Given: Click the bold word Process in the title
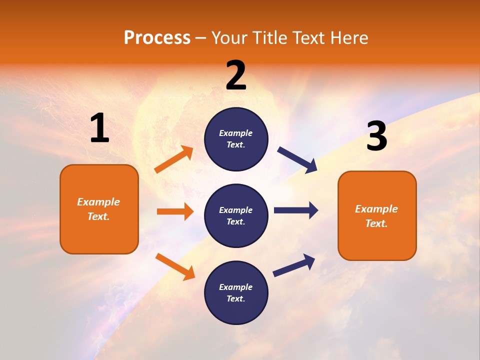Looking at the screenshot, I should pyautogui.click(x=157, y=38).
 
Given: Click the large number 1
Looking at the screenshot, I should pyautogui.click(x=99, y=128).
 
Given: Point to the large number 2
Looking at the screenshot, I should pyautogui.click(x=236, y=75).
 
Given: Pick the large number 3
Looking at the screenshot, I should pyautogui.click(x=376, y=136).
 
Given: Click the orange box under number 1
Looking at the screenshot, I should pyautogui.click(x=99, y=209).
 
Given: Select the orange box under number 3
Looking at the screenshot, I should pyautogui.click(x=377, y=215).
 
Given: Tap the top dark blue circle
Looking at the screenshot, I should pyautogui.click(x=236, y=139).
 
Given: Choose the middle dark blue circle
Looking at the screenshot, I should pyautogui.click(x=236, y=215).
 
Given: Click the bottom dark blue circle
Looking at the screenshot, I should pyautogui.click(x=236, y=292).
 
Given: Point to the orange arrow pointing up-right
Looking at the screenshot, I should pyautogui.click(x=174, y=159).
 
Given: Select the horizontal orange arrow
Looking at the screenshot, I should pyautogui.click(x=175, y=211).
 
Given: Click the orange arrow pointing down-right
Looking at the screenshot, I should pyautogui.click(x=175, y=266).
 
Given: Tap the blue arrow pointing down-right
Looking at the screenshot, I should pyautogui.click(x=297, y=159).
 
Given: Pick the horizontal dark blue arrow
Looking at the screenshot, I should pyautogui.click(x=296, y=210).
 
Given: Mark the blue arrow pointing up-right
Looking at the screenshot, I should pyautogui.click(x=294, y=265).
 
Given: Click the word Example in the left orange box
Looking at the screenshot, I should pyautogui.click(x=98, y=202).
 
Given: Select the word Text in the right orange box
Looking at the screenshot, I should pyautogui.click(x=376, y=223).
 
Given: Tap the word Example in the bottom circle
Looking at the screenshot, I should pyautogui.click(x=235, y=287).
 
